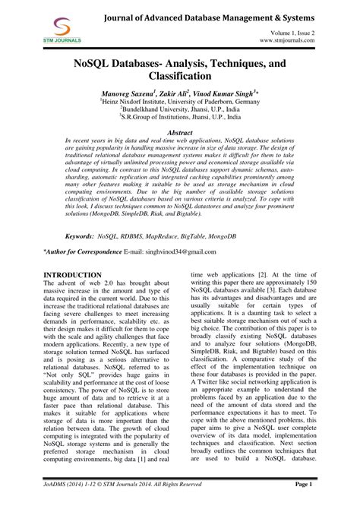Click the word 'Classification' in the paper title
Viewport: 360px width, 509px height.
point(179,77)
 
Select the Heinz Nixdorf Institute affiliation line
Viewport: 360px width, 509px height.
point(181,100)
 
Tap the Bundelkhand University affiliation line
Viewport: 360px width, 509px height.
point(181,109)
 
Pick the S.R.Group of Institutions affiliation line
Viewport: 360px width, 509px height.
point(181,118)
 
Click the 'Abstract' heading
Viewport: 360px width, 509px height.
point(180,131)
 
